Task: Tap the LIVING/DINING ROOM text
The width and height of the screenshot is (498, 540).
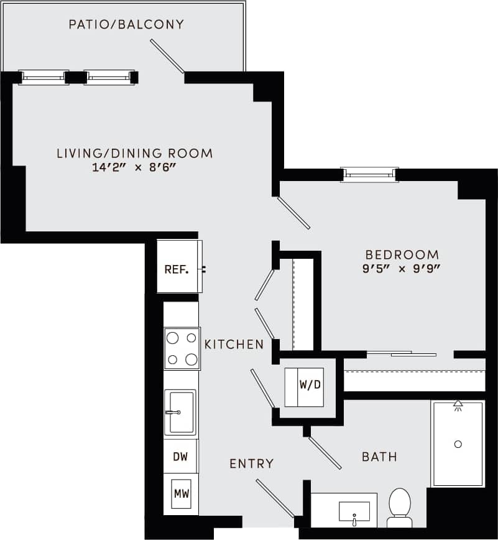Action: [x=134, y=153]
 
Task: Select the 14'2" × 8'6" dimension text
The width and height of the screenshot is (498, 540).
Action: [x=134, y=168]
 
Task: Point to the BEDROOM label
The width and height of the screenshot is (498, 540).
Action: [x=402, y=254]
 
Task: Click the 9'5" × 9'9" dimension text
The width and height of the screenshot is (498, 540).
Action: [x=402, y=269]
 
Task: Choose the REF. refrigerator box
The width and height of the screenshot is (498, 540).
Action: [x=177, y=269]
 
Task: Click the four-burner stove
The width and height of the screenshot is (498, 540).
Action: [x=182, y=348]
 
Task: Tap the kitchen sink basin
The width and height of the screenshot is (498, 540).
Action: [x=180, y=412]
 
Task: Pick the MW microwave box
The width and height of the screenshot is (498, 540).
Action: [x=181, y=495]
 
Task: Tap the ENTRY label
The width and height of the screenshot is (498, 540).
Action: [x=251, y=463]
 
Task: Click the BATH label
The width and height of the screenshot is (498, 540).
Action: [x=379, y=457]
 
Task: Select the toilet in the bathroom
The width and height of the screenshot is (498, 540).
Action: [x=399, y=505]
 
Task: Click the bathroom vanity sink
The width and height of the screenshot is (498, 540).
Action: [x=354, y=511]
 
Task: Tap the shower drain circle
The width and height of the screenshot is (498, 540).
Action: [x=458, y=444]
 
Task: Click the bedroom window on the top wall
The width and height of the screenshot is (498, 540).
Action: [x=370, y=175]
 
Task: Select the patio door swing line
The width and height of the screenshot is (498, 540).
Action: [x=167, y=56]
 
